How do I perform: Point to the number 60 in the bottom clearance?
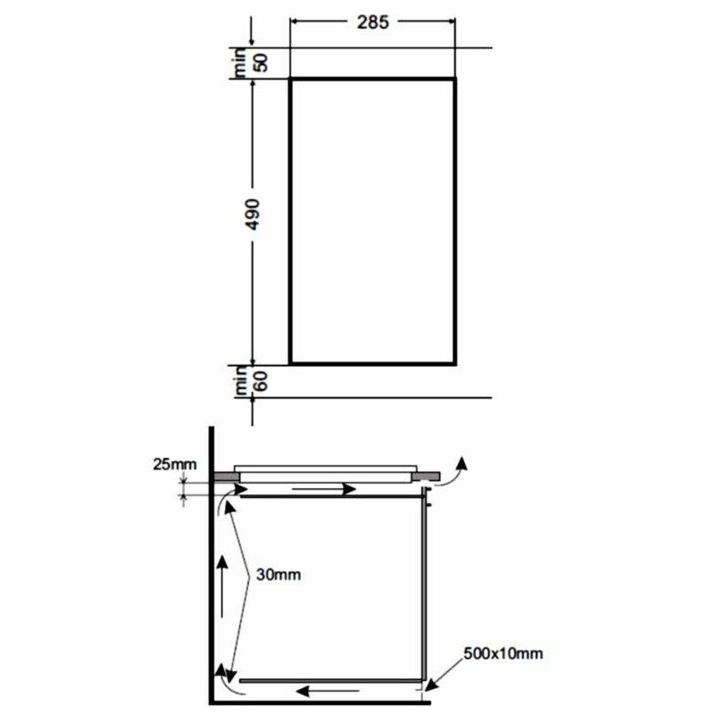click(x=262, y=381)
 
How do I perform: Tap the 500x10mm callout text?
click(x=502, y=655)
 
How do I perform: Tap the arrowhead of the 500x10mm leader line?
click(x=430, y=685)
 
